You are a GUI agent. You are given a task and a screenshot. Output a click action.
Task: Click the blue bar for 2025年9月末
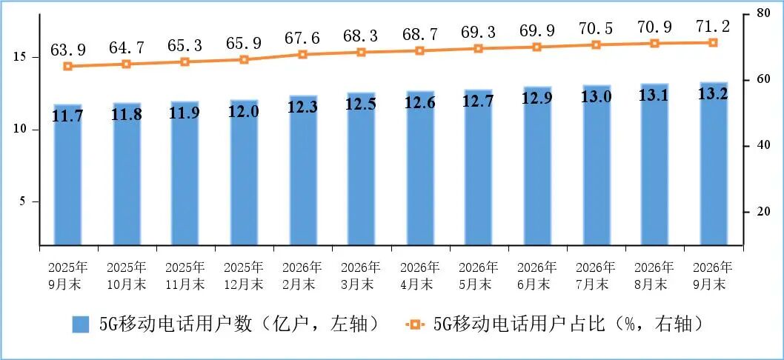pos(68,175)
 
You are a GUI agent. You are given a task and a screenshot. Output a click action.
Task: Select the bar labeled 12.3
pos(302,170)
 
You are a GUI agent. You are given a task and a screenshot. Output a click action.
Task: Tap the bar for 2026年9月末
pos(714,164)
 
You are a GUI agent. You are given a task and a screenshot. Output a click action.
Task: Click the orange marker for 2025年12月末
pos(244,59)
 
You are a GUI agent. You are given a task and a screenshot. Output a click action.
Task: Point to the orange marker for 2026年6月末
pos(537,47)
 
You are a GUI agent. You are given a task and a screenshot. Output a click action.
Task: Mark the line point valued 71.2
pos(714,42)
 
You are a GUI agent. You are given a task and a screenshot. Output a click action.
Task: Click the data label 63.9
pos(68,50)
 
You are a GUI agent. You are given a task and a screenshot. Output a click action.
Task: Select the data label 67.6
pos(302,39)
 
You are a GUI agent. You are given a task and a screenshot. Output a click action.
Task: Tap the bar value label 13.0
pos(596,97)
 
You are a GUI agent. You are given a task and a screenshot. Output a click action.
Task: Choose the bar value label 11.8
pos(127,115)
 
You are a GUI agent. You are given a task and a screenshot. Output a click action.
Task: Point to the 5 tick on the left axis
pos(23,202)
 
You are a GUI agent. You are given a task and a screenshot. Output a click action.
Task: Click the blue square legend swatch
pos(80,324)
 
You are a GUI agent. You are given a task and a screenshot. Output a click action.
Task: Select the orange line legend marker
pos(414,324)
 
